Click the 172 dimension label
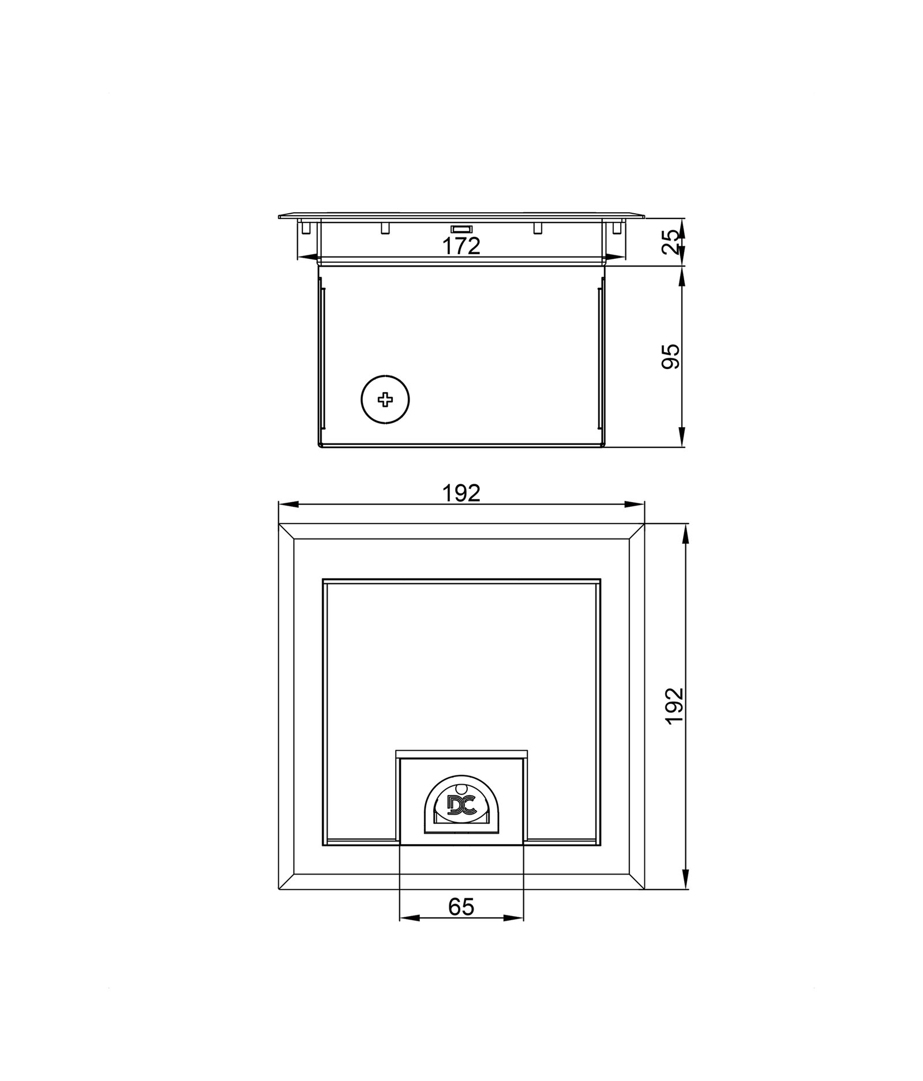click(461, 246)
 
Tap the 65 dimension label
click(461, 907)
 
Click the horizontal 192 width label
click(461, 493)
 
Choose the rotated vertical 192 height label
click(674, 706)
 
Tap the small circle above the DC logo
click(461, 789)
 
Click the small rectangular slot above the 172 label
click(461, 229)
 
